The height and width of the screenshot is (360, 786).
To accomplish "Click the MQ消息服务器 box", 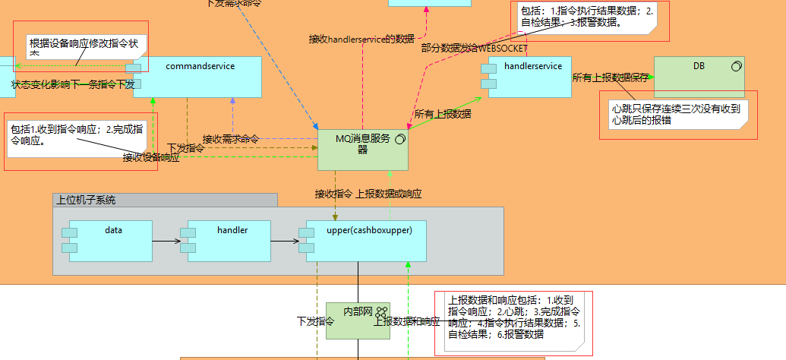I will [362, 149].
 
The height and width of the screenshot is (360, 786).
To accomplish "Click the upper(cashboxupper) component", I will [365, 241].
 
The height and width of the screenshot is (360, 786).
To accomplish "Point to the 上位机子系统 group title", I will [87, 201].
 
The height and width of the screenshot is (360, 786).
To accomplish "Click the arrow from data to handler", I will [166, 242].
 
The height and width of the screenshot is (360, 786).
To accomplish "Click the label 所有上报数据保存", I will [610, 77].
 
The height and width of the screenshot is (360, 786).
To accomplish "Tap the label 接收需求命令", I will [230, 139].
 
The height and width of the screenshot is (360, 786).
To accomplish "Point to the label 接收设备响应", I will [151, 157].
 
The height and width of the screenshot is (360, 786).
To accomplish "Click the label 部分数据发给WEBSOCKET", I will [474, 48].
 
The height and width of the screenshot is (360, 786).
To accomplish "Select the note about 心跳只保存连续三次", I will [678, 115].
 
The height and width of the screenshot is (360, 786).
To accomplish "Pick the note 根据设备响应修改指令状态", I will [84, 44].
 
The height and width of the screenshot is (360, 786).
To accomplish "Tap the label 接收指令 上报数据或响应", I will [368, 194].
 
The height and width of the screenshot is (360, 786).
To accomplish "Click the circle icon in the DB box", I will [735, 67].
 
